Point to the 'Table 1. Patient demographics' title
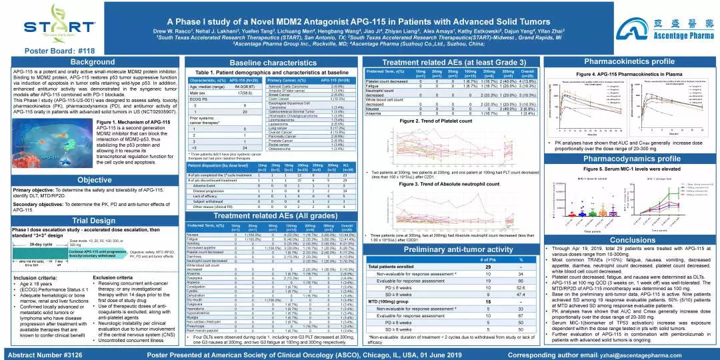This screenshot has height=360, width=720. pos(258,71)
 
